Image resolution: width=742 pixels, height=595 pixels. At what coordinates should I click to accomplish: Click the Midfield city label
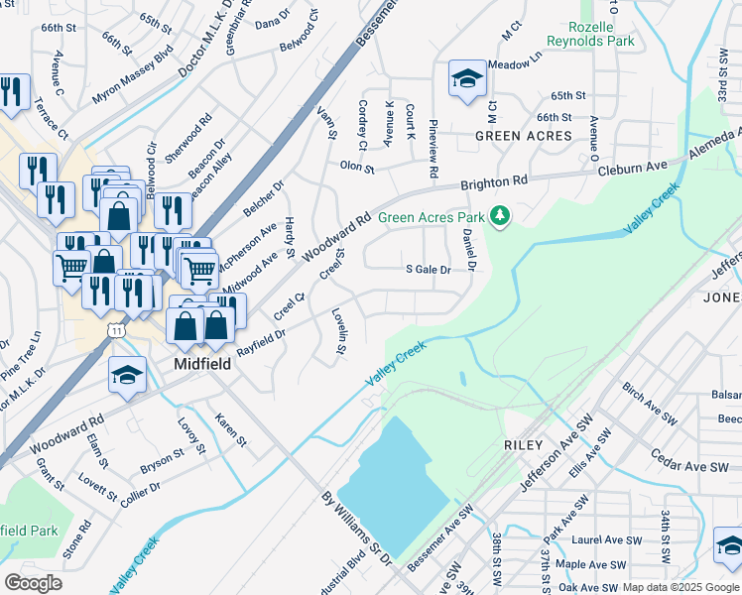(x=202, y=364)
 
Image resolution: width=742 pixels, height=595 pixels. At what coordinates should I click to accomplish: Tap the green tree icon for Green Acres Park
(x=502, y=215)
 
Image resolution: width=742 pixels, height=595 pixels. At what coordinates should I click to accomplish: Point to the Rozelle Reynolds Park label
(x=592, y=35)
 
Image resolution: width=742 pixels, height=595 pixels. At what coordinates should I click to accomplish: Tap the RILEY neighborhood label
(x=526, y=445)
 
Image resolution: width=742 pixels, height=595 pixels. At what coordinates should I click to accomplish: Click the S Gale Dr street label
(x=429, y=269)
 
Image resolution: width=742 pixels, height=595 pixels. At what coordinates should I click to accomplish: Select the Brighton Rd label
(x=493, y=184)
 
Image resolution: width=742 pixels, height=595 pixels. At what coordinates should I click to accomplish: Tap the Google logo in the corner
(x=34, y=582)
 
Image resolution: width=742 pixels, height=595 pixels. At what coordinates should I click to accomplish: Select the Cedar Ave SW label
(x=688, y=466)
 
